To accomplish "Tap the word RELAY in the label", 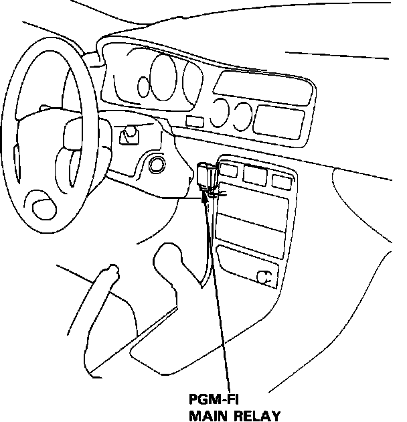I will coord(255,415).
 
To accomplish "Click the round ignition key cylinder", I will coord(158,164).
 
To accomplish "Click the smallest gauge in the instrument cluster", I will coord(143,86).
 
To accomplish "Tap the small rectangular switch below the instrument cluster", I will coord(195,122).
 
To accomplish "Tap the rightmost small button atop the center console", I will coord(280,180).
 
